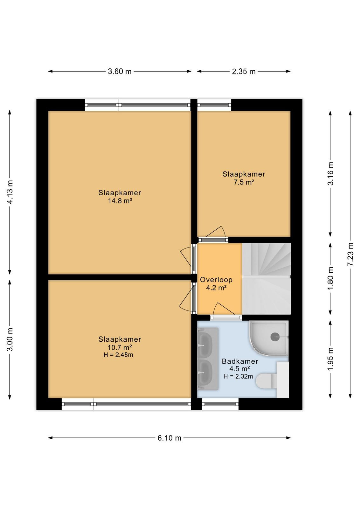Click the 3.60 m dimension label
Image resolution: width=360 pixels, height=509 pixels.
120,72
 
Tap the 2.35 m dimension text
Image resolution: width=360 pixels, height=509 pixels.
244,72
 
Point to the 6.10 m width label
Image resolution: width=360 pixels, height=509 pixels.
170,438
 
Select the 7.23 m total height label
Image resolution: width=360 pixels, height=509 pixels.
350,254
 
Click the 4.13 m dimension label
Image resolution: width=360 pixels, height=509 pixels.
10,192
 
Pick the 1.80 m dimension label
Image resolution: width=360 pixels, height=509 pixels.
330,278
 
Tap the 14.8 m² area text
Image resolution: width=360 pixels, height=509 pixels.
120,201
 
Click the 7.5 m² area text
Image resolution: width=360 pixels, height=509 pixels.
244,182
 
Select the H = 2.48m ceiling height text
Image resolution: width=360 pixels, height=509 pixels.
118,355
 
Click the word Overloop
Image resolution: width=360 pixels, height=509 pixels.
216,280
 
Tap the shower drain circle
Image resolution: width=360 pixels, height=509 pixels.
275,337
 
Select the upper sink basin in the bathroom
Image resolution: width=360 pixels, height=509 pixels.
205,345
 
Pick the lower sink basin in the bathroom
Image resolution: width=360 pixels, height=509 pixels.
205,373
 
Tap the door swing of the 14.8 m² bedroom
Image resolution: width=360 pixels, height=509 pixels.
185,256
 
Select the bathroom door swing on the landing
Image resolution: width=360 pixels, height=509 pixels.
224,308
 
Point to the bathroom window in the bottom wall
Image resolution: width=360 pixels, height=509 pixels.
220,404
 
